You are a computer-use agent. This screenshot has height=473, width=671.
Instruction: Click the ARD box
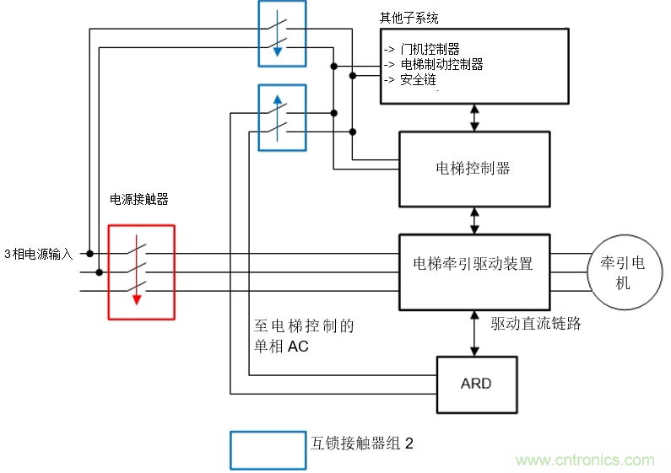(475, 384)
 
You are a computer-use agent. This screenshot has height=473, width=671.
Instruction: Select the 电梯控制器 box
(473, 169)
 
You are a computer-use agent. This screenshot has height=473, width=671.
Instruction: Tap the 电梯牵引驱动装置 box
(473, 264)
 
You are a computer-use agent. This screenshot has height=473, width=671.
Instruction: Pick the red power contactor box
(141, 272)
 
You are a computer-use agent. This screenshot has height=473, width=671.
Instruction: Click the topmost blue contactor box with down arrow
(282, 34)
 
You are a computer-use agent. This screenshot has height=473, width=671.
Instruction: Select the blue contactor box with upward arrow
(282, 117)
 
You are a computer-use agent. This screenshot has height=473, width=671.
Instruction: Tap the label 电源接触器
(139, 200)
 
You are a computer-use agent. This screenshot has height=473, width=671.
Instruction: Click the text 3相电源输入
(38, 254)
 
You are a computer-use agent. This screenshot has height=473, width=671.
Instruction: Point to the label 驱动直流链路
(536, 323)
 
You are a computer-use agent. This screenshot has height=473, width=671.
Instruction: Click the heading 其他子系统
(410, 18)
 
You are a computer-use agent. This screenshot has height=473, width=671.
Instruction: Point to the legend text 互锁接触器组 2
(362, 443)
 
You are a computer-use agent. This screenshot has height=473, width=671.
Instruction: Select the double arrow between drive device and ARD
(474, 333)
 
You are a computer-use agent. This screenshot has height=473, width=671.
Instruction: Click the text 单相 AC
(281, 346)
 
